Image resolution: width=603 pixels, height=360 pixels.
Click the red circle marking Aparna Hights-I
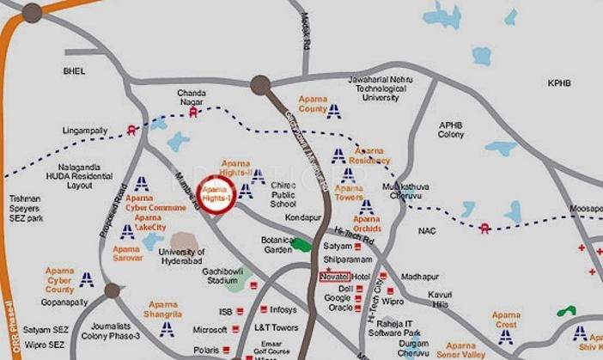[216, 193]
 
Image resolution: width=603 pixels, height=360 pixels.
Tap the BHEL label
[75, 70]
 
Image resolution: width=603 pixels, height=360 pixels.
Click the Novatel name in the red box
[333, 277]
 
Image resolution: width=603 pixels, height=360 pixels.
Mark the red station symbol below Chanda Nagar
[194, 111]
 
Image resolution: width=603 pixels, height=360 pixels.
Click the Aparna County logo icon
[333, 110]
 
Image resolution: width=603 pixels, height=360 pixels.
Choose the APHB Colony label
[451, 130]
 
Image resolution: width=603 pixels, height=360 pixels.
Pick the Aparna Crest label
[506, 320]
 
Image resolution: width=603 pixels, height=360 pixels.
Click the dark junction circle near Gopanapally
[112, 290]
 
